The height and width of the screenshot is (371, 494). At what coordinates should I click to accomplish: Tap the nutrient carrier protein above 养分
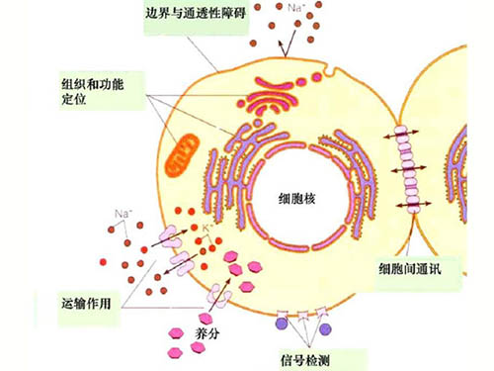tap(218, 294)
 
